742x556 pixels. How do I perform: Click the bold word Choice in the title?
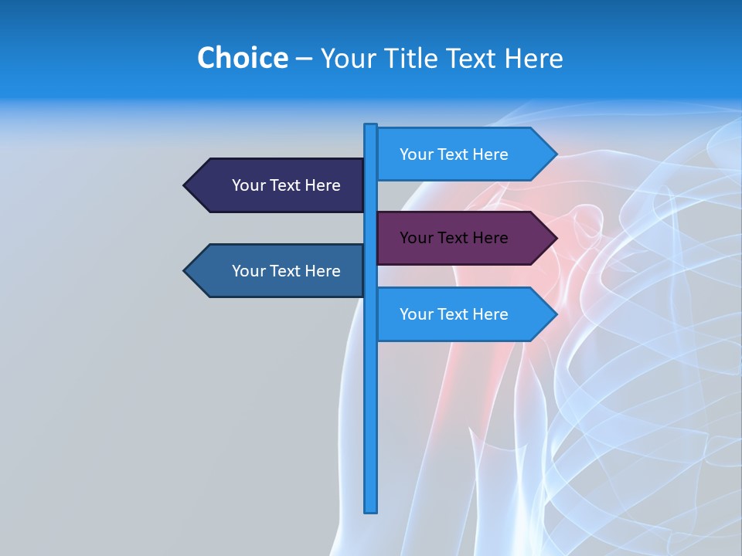[242, 58]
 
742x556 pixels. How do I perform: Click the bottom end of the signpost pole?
[371, 509]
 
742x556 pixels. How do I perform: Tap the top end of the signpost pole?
[371, 127]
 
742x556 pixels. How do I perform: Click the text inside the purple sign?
[454, 238]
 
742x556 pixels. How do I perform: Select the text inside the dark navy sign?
[286, 185]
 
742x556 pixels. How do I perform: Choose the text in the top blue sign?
[454, 154]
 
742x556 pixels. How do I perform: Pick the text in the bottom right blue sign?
[454, 314]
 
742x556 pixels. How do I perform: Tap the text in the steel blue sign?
[286, 271]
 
